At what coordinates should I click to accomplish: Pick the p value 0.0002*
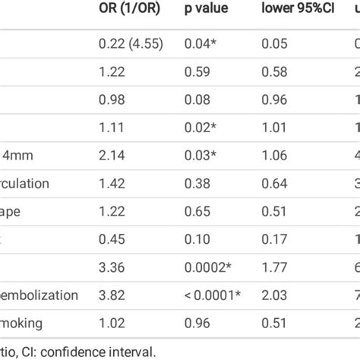click(209, 267)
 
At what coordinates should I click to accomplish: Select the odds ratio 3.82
click(112, 294)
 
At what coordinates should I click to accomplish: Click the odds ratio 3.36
click(112, 267)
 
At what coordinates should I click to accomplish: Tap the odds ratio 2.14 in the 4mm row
click(112, 155)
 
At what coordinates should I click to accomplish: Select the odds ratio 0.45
click(112, 238)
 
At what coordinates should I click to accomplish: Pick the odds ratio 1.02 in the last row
click(112, 322)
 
